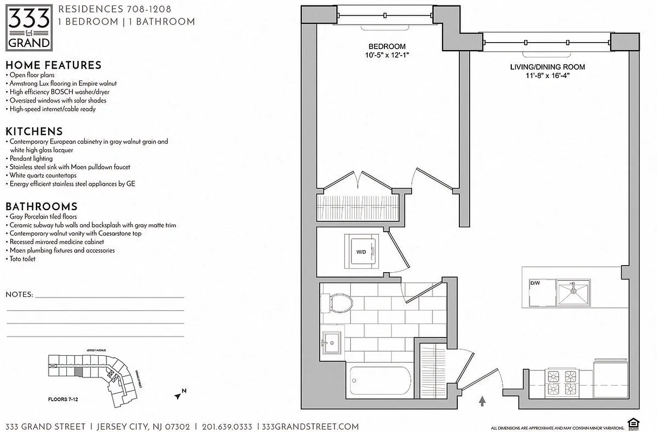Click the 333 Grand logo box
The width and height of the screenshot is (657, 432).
coord(29,27)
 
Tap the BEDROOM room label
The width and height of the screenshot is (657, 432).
coord(387,46)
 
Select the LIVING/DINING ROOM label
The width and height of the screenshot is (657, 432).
coord(547,67)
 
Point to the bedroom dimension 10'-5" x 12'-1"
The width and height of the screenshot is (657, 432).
coord(387,56)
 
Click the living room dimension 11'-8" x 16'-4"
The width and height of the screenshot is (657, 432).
coord(547,76)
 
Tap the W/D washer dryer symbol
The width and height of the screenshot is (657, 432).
coord(361,251)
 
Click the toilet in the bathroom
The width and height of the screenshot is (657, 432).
coord(337,302)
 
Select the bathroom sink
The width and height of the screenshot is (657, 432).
coord(331,341)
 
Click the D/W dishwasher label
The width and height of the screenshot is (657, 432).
coord(535,282)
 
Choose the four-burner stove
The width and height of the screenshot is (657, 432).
coord(563,382)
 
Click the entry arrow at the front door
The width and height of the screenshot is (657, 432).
coord(482,401)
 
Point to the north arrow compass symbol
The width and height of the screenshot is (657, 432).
coord(179,395)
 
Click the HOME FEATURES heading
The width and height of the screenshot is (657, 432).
coord(53,65)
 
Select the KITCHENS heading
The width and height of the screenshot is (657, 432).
coord(34,131)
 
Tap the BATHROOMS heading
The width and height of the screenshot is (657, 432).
coord(41,206)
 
